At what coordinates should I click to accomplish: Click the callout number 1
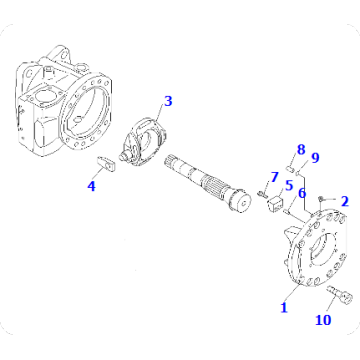tap(283, 308)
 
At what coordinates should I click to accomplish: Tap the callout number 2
tap(345, 202)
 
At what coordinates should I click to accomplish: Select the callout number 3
tap(168, 101)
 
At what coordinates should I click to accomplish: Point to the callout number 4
tap(91, 186)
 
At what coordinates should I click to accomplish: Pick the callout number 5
tap(288, 185)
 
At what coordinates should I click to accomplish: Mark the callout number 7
tap(276, 177)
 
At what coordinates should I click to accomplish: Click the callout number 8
tap(299, 150)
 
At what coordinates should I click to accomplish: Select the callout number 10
tap(322, 321)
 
